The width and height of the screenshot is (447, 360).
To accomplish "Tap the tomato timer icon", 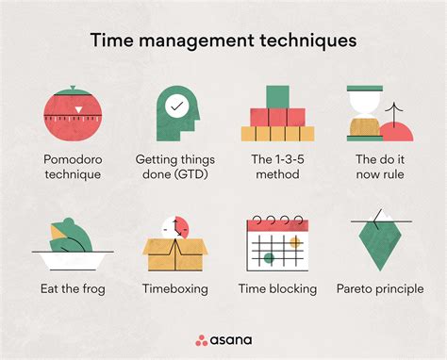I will click(x=71, y=115).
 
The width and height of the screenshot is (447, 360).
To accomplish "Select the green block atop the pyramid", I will click(x=277, y=97).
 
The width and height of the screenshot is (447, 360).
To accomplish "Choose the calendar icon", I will click(x=275, y=244).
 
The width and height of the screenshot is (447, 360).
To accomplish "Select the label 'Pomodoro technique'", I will click(x=72, y=167).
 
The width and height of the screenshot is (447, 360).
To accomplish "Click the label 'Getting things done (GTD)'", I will click(x=175, y=167).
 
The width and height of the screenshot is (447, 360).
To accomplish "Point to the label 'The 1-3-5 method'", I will click(x=277, y=167).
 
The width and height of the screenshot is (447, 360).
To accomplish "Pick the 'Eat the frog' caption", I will click(x=73, y=288).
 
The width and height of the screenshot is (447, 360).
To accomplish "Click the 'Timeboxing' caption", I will click(x=175, y=288).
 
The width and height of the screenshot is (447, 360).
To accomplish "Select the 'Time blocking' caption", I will click(x=277, y=288).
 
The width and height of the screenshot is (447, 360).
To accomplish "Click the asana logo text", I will click(x=232, y=339).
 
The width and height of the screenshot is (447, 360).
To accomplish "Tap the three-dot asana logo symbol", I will click(x=202, y=339).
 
